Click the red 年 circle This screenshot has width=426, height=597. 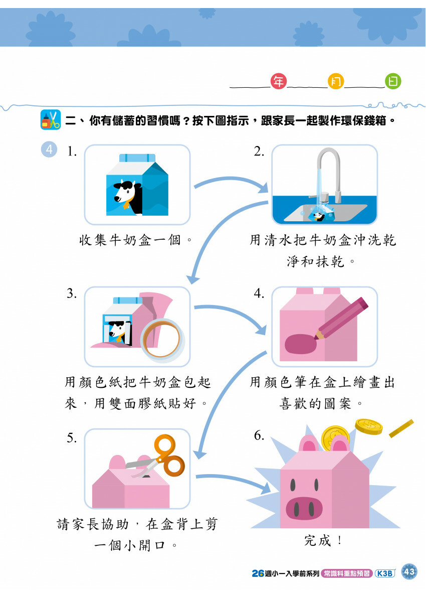(x=278, y=81)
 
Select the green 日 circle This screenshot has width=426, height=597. (x=393, y=81)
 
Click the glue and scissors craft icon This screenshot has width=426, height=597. (x=50, y=120)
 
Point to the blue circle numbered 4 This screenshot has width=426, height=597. (x=49, y=150)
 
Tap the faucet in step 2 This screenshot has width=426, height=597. (x=328, y=171)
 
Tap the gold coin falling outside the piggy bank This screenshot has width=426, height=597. (x=368, y=426)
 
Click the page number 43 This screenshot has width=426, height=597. (x=409, y=572)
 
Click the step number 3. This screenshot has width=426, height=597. (x=72, y=294)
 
